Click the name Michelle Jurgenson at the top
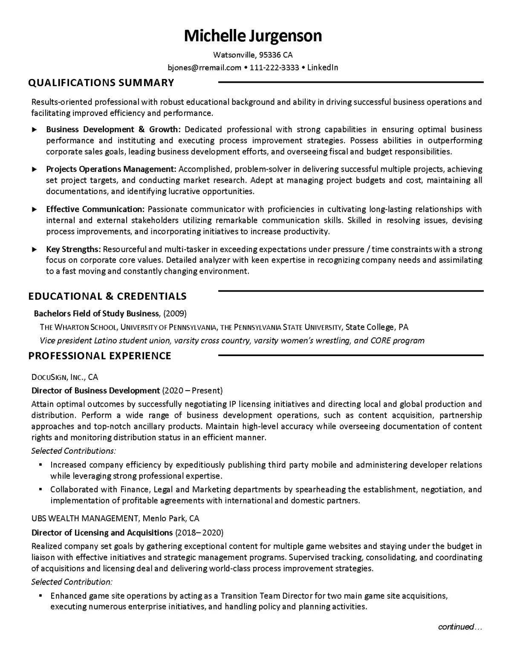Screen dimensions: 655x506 click(x=253, y=36)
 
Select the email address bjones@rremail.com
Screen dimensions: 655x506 click(x=205, y=67)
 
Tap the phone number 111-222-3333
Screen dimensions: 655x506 click(x=274, y=67)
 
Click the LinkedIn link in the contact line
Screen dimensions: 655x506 click(x=322, y=67)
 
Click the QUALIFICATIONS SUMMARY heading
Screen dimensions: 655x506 click(x=101, y=83)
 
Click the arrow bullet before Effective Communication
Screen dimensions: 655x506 click(x=35, y=209)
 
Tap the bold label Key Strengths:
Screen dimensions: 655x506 click(x=73, y=249)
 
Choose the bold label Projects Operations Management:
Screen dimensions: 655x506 click(x=111, y=169)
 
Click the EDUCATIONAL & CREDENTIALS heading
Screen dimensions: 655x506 click(x=107, y=296)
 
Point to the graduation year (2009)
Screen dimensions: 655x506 click(x=175, y=314)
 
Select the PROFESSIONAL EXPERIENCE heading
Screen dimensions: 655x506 click(x=100, y=356)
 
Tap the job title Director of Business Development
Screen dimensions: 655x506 click(x=95, y=391)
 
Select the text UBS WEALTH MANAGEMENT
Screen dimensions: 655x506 click(x=85, y=519)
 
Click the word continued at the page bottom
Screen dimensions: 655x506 click(x=456, y=627)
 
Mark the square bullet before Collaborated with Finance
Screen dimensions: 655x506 click(x=40, y=490)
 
